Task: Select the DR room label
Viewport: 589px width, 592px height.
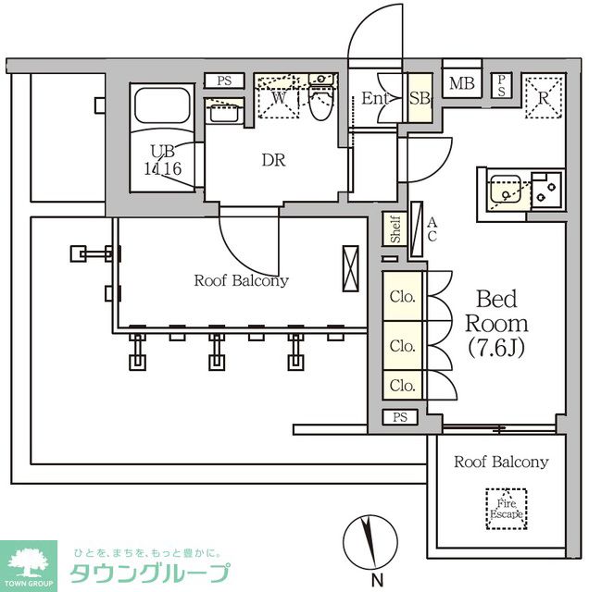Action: pyautogui.click(x=272, y=160)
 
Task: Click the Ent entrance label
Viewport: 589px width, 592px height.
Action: pyautogui.click(x=372, y=98)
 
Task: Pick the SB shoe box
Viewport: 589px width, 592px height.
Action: pyautogui.click(x=419, y=98)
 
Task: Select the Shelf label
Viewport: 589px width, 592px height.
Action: pyautogui.click(x=395, y=229)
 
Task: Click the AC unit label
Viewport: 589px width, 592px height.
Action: pyautogui.click(x=432, y=228)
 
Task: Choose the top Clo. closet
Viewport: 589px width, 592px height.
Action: pyautogui.click(x=403, y=298)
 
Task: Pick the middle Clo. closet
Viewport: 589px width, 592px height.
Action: pyautogui.click(x=403, y=346)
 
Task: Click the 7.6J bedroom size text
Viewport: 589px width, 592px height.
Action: pyautogui.click(x=496, y=348)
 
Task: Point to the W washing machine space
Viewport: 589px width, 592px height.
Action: pyautogui.click(x=279, y=98)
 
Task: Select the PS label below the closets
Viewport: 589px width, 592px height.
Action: pyautogui.click(x=399, y=417)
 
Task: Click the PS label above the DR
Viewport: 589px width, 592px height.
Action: pyautogui.click(x=224, y=80)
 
